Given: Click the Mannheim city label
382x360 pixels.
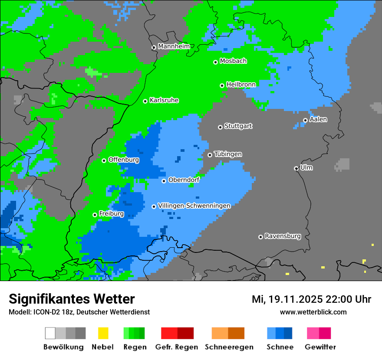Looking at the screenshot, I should point(174,46).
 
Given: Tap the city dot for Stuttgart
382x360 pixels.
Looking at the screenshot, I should point(220,127).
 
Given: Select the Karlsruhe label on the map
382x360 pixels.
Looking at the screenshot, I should point(164,100).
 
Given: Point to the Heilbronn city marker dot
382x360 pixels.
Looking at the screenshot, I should point(222,85).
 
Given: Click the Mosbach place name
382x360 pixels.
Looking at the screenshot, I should point(233,61).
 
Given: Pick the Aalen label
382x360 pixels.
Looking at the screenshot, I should point(318,119).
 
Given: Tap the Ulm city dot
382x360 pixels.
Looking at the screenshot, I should point(296,168).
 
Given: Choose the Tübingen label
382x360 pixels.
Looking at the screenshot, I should point(228,154).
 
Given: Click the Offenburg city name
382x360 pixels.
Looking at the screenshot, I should point(124,160).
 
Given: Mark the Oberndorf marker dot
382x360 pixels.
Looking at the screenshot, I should point(164,181).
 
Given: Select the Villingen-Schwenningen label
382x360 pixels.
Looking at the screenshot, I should point(194,206).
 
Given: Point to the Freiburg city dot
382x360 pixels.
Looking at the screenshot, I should point(95,215).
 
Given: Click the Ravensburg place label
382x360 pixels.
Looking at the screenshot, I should point(283,236).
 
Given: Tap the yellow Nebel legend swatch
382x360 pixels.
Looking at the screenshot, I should point(103,333).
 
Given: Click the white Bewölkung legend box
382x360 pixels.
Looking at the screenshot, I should point(50,333).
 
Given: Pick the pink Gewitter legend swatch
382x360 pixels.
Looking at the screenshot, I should point(313,333).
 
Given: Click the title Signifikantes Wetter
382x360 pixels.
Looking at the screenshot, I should point(72,299).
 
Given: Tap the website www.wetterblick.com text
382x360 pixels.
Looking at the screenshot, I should point(313,312).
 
